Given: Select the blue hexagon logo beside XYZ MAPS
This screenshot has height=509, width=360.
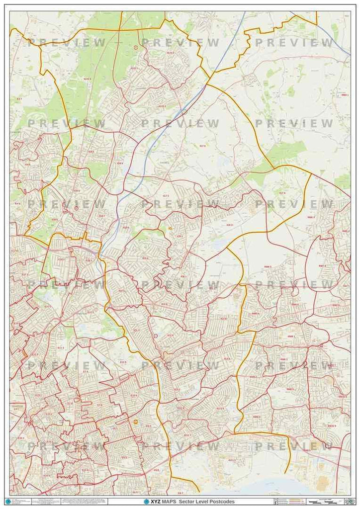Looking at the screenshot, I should point(147,502).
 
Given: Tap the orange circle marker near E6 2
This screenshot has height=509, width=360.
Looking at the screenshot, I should point(136,422).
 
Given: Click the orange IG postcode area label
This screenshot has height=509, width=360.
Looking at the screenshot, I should point(171,228).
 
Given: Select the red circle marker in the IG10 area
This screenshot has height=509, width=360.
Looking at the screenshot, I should point(136,47).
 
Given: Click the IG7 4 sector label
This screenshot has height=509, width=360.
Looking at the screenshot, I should point(282,192).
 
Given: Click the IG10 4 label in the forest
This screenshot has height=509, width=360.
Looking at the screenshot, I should point(87,79).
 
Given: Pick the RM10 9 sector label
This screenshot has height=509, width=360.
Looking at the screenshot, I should point(332,426).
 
